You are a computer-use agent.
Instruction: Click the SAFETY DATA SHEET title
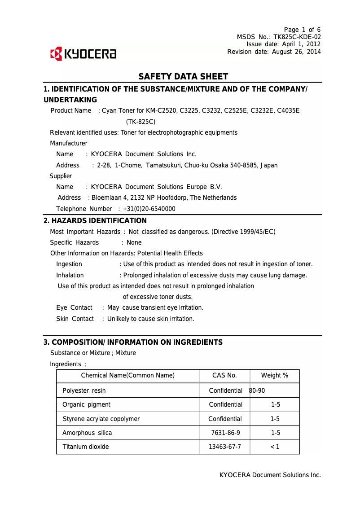183,77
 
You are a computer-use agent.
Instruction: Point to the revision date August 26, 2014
295,52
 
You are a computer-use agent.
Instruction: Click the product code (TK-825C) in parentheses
140,122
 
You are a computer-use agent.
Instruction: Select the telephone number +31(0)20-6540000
149,209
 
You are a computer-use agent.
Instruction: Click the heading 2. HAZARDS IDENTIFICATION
95,221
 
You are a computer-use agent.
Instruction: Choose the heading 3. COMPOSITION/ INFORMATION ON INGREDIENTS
133,342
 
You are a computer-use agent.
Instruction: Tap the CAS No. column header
224,376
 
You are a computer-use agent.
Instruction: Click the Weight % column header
275,376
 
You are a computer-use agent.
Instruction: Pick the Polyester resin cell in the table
84,391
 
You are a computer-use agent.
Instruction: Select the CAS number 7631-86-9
225,433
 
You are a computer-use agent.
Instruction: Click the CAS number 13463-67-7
225,447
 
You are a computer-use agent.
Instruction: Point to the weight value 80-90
257,391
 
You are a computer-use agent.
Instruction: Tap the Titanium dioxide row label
86,447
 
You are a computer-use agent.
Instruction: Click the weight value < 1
275,447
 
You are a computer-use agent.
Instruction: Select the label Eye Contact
74,307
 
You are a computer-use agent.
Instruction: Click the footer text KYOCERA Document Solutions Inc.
270,475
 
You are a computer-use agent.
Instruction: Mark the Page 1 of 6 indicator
302,30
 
